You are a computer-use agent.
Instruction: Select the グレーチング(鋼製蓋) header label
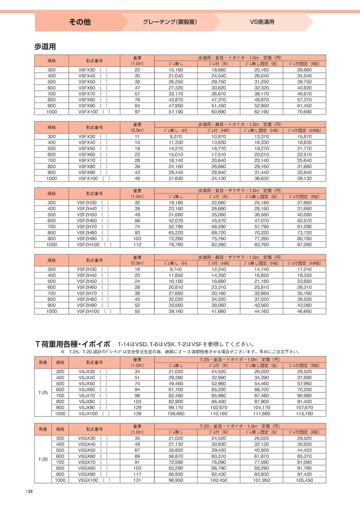click(170, 22)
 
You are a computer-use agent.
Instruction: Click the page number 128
click(29, 491)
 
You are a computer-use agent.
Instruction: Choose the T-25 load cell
click(43, 393)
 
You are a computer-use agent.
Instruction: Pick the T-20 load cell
click(43, 459)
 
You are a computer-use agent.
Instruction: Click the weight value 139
click(136, 414)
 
